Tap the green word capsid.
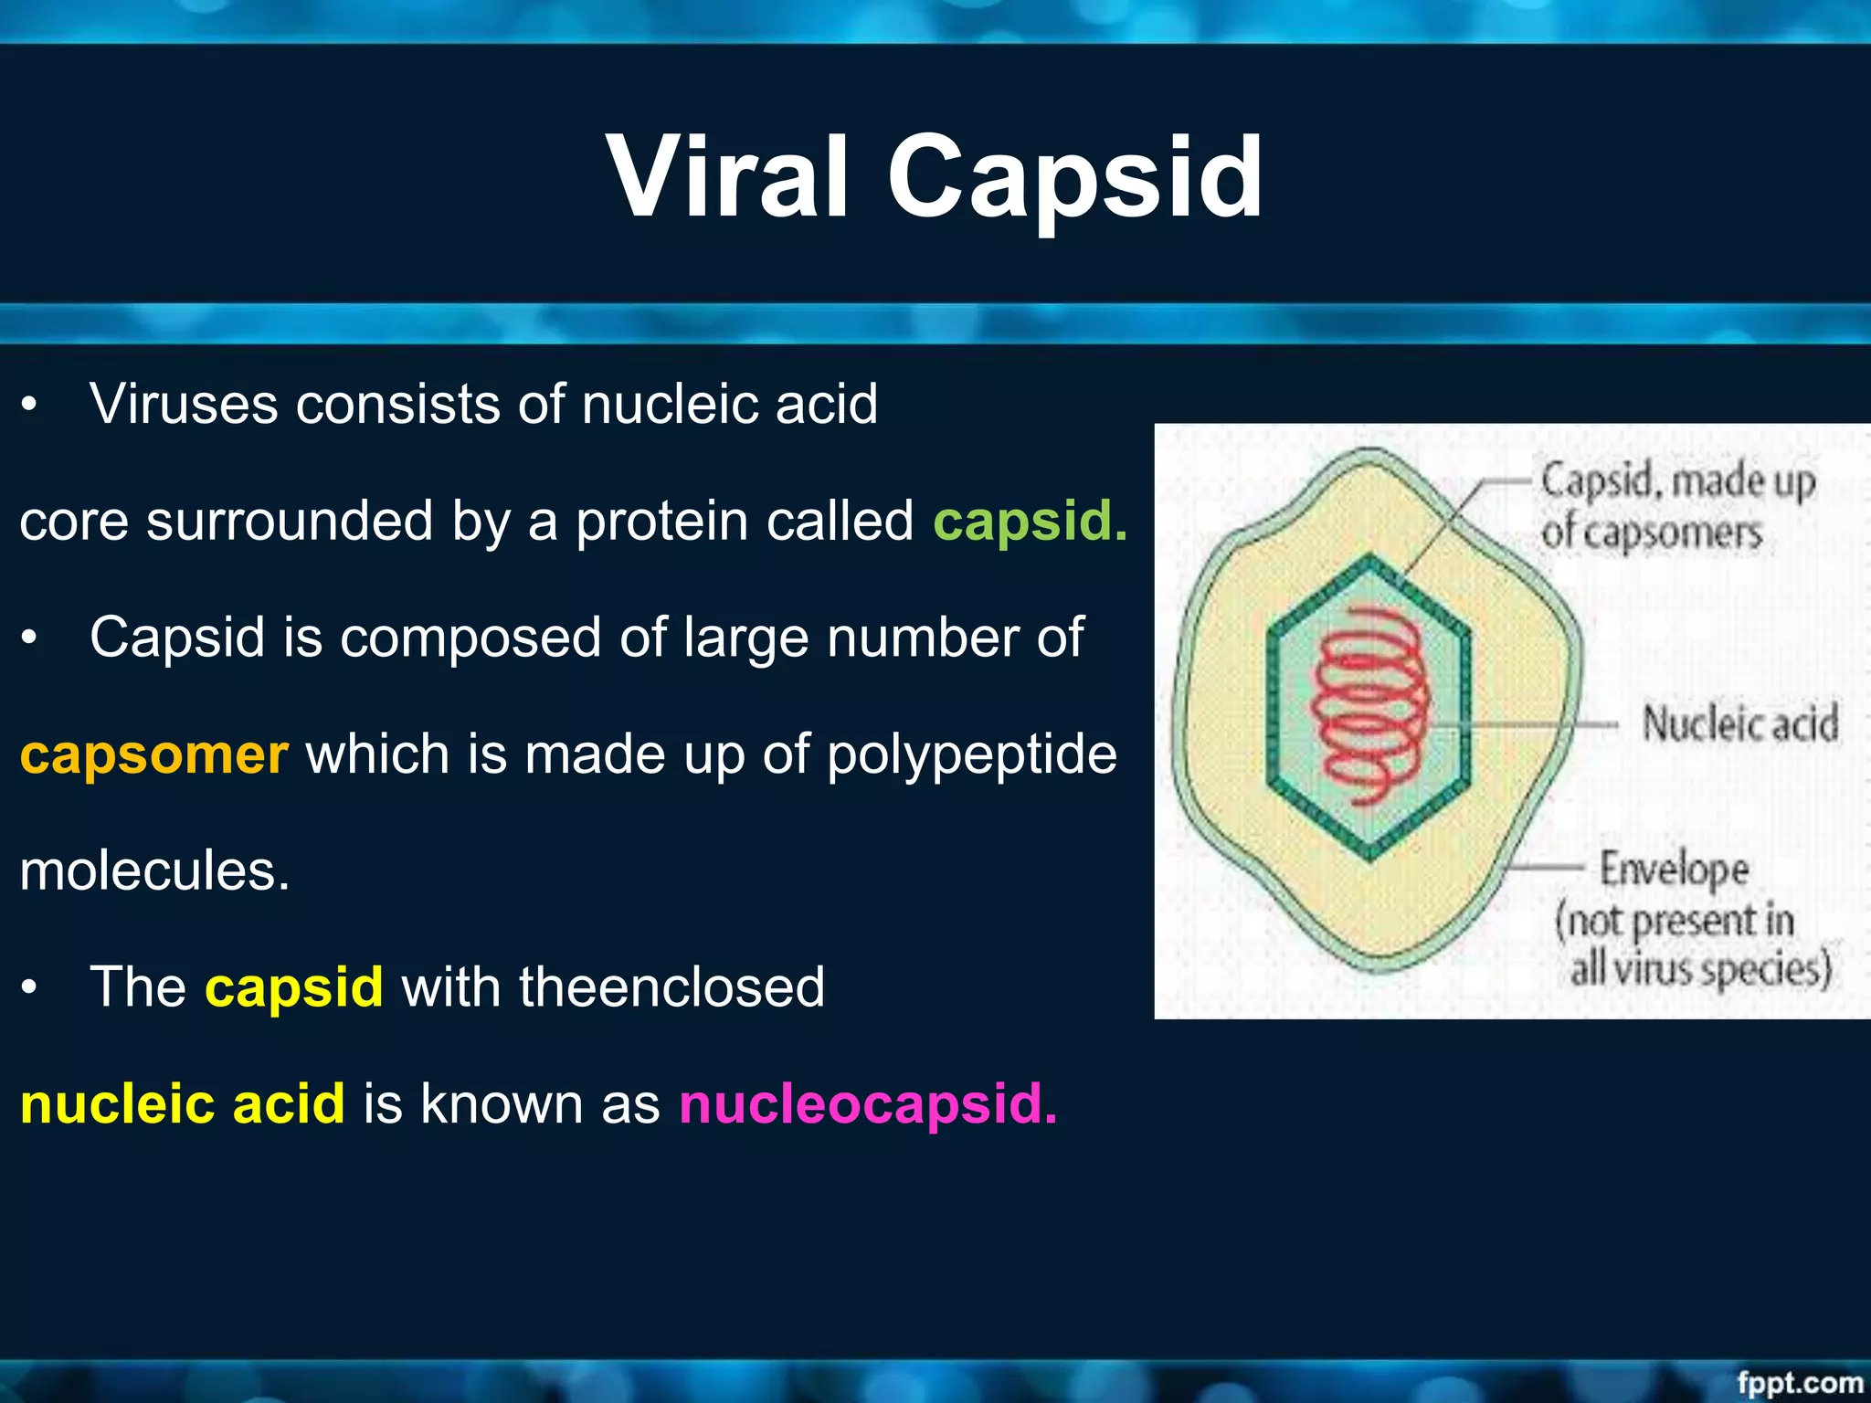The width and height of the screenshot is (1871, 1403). pyautogui.click(x=1030, y=521)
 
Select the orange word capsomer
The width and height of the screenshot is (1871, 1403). pyautogui.click(x=153, y=754)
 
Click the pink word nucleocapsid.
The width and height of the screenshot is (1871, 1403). pyautogui.click(x=867, y=1103)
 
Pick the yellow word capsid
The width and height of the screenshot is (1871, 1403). pyautogui.click(x=293, y=987)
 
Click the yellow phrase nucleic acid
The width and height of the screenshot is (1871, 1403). pyautogui.click(x=182, y=1103)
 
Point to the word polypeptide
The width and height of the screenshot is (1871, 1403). pyautogui.click(x=971, y=754)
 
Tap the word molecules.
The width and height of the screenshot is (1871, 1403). pyautogui.click(x=153, y=870)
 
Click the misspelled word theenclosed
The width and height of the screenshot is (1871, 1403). pyautogui.click(x=671, y=987)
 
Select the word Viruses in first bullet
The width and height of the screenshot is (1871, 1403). pyautogui.click(x=183, y=404)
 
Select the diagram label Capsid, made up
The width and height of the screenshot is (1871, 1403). pyautogui.click(x=1677, y=481)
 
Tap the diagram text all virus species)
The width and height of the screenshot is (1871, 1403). pyautogui.click(x=1700, y=969)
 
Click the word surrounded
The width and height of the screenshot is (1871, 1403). pyautogui.click(x=289, y=521)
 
